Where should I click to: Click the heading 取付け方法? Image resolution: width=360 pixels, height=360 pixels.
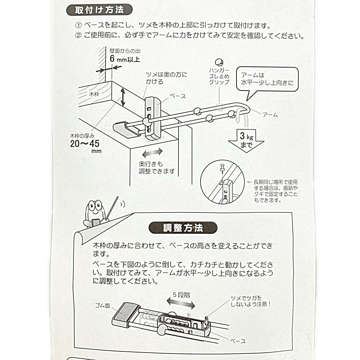(x=99, y=10)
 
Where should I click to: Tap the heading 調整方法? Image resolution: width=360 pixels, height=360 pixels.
(x=183, y=228)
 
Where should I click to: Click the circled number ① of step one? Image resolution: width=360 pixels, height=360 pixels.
(x=78, y=25)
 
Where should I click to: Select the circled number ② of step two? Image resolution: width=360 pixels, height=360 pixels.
(x=78, y=35)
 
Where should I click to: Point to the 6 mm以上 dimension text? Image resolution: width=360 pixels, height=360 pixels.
(x=125, y=59)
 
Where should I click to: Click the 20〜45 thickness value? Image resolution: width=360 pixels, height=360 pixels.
(x=85, y=144)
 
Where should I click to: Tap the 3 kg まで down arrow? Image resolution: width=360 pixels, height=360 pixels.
(x=246, y=140)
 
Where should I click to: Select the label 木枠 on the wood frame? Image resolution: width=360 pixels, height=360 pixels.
(x=94, y=94)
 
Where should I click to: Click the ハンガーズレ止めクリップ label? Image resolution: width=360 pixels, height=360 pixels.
(x=219, y=76)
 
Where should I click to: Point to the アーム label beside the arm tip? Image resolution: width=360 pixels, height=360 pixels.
(x=270, y=114)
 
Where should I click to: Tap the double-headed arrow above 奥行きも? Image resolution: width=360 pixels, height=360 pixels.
(x=152, y=152)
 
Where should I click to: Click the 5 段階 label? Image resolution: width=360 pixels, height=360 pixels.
(x=181, y=295)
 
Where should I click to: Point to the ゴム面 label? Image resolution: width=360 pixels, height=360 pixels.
(x=103, y=306)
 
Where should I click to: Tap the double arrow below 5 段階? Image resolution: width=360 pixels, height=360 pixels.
(x=181, y=303)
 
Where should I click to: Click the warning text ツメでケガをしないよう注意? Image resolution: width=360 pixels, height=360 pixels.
(x=251, y=301)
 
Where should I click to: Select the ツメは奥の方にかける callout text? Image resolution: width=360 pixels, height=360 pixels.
(x=166, y=78)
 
